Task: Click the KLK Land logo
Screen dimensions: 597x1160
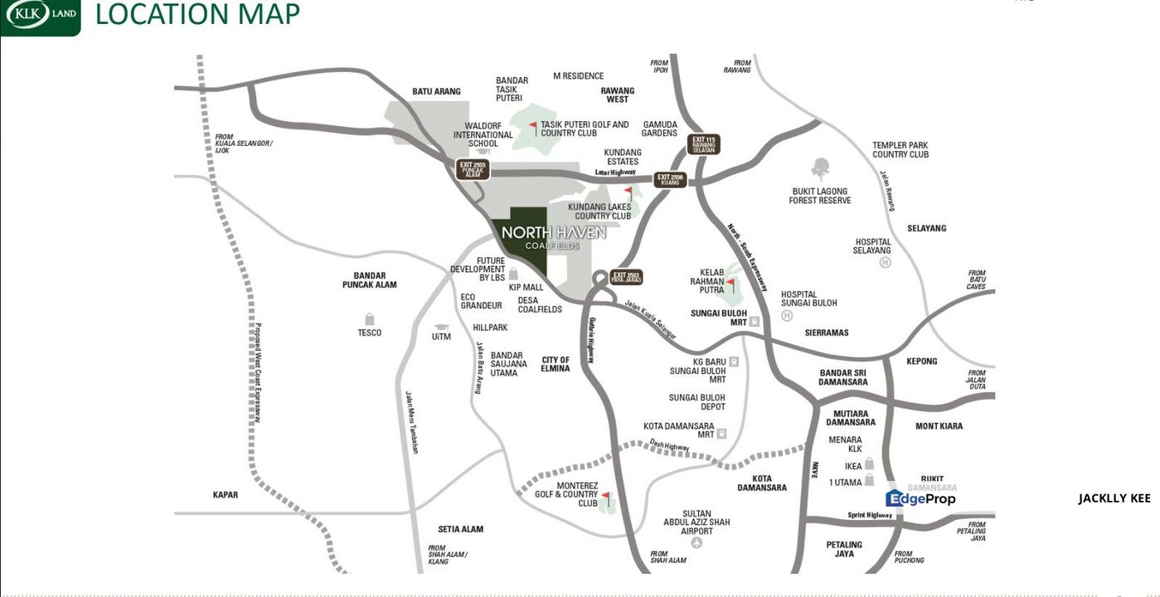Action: tap(40, 16)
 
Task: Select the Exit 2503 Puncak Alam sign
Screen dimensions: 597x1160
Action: tap(473, 169)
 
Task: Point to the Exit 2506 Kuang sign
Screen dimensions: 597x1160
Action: tap(669, 179)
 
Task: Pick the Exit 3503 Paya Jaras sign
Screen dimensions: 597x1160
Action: tap(626, 277)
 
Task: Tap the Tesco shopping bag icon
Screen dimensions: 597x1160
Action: tap(370, 319)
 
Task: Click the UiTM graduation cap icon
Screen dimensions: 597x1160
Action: tap(441, 328)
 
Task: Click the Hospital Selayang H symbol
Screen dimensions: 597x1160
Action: tap(885, 262)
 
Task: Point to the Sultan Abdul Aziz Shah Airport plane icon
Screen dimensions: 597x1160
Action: tap(696, 542)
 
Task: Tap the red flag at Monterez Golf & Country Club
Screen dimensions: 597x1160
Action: tap(606, 498)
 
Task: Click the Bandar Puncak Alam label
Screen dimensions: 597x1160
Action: tap(369, 280)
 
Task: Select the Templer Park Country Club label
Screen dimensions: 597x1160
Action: tap(900, 150)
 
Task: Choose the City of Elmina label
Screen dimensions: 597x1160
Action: tap(556, 365)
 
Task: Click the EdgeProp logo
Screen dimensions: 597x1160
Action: tap(920, 498)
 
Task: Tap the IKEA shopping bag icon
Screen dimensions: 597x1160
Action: tap(869, 464)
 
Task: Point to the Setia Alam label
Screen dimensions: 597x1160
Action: tap(460, 529)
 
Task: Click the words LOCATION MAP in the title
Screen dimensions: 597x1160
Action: tap(197, 15)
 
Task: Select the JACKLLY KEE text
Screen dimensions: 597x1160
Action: tap(1114, 498)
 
